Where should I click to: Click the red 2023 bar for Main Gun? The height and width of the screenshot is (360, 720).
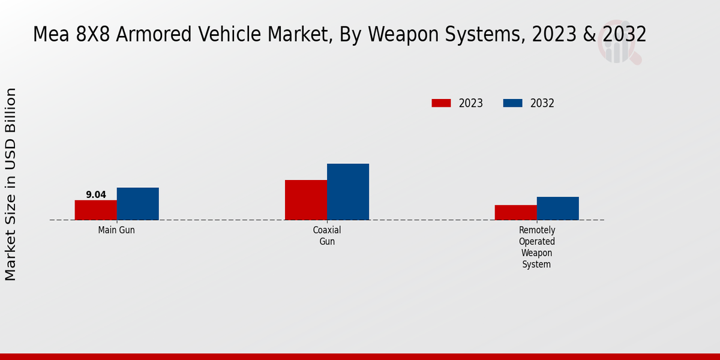[x=96, y=210]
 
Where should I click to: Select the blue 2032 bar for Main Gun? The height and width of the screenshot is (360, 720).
[x=138, y=204]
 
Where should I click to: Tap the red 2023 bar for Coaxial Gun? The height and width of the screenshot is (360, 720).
[x=306, y=200]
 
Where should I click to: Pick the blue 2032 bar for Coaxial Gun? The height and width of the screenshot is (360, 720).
[x=348, y=192]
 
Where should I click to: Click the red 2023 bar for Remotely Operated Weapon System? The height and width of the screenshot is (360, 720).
[x=516, y=212]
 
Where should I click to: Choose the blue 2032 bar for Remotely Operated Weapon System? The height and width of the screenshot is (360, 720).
[x=558, y=208]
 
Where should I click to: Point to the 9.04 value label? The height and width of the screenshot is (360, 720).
[x=96, y=195]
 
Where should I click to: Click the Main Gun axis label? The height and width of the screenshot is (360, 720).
[x=116, y=230]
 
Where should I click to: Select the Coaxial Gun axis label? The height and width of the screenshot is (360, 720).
[x=327, y=236]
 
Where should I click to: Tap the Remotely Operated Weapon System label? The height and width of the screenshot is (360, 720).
[x=537, y=247]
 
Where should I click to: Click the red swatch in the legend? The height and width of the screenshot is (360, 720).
[x=441, y=103]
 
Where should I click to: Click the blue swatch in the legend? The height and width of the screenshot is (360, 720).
[x=512, y=103]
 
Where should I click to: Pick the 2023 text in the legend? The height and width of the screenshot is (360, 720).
[x=471, y=103]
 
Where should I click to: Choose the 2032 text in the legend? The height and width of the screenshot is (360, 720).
[x=542, y=103]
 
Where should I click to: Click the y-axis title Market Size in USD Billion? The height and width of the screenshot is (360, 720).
[x=11, y=184]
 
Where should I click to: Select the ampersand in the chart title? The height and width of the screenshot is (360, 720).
[x=588, y=35]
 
